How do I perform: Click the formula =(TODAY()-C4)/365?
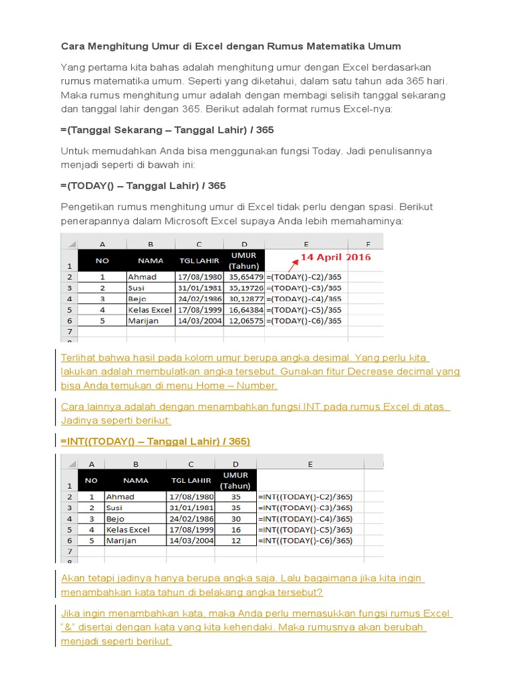304,299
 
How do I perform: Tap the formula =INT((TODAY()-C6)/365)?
305,541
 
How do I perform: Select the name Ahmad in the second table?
120,497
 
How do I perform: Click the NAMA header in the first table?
150,261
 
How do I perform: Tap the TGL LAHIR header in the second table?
191,480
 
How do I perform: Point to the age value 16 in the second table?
236,530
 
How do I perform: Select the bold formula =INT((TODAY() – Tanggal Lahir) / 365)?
155,442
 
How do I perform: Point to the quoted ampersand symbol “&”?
67,627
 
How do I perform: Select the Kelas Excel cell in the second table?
128,530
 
